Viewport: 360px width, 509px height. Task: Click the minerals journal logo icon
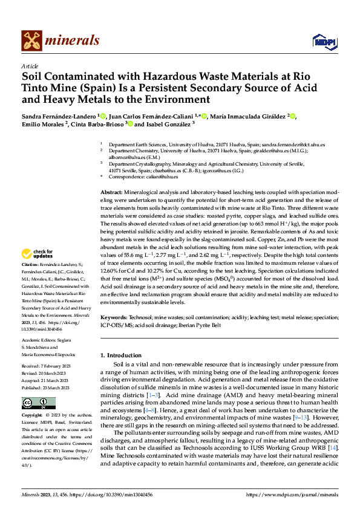coord(31,41)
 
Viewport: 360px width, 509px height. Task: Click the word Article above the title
coord(30,66)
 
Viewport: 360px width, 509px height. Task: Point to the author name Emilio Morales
coord(44,125)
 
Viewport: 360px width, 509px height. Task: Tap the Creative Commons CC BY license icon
coord(39,404)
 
